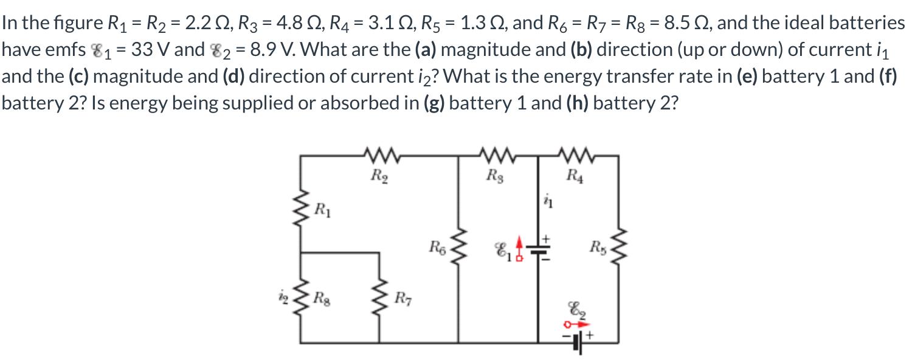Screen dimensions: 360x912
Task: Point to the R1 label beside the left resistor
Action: pos(323,212)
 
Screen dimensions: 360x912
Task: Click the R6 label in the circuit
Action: pos(437,247)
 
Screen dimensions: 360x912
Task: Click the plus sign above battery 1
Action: pos(545,236)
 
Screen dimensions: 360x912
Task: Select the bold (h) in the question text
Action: pos(578,103)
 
